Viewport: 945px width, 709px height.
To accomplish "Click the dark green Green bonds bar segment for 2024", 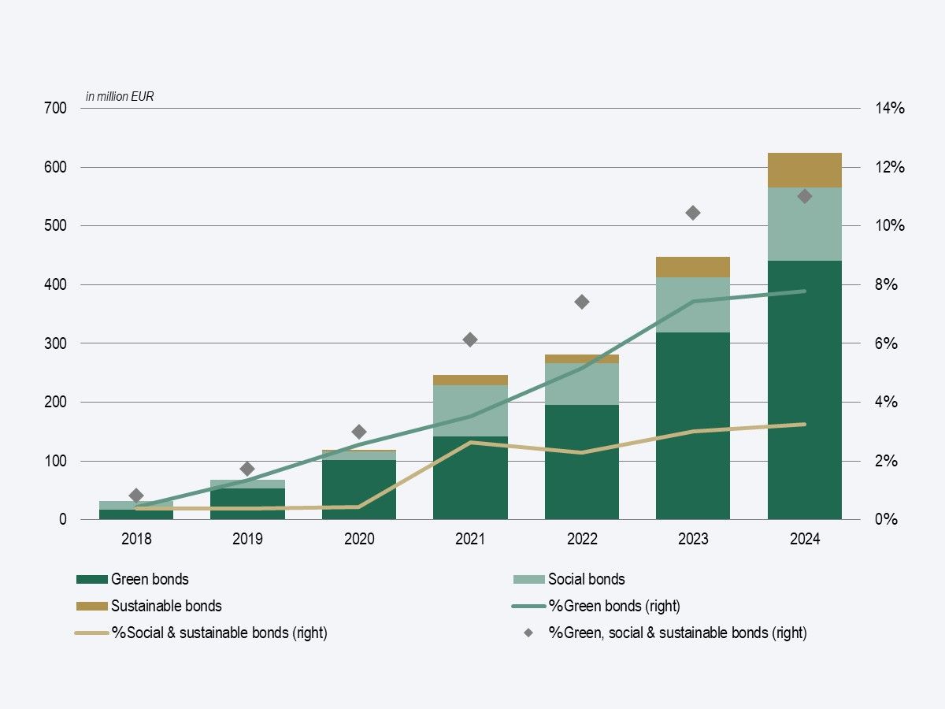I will click(x=805, y=394).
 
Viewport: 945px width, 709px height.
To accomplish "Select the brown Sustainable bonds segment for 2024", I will click(x=805, y=170).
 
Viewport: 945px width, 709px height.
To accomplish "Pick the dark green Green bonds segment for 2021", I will click(x=470, y=477).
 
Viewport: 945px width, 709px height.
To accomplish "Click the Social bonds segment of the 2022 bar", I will click(x=582, y=384).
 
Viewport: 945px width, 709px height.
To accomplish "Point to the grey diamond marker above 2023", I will click(x=693, y=213).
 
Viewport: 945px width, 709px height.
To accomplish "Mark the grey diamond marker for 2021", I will click(x=470, y=340).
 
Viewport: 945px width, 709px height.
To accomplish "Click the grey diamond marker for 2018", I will click(x=136, y=496).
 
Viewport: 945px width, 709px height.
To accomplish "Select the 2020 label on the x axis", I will click(x=359, y=540).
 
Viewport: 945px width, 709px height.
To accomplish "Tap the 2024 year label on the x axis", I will click(x=805, y=540).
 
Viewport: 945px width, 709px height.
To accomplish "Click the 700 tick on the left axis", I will click(x=55, y=108).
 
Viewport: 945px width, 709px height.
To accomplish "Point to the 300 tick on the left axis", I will click(x=55, y=343).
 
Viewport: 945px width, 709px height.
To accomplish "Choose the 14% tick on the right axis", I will click(x=890, y=108).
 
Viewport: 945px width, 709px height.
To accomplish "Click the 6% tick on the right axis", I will click(x=887, y=343).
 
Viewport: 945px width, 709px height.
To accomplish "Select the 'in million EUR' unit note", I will click(x=120, y=96).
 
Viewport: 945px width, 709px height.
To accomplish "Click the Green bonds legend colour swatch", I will click(x=91, y=580).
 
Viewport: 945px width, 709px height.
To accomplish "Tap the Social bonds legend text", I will click(x=586, y=580).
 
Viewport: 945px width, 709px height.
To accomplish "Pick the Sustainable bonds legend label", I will click(x=166, y=606).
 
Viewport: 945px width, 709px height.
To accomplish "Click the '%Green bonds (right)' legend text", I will click(x=614, y=606).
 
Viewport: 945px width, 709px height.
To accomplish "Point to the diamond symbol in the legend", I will click(x=528, y=633).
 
